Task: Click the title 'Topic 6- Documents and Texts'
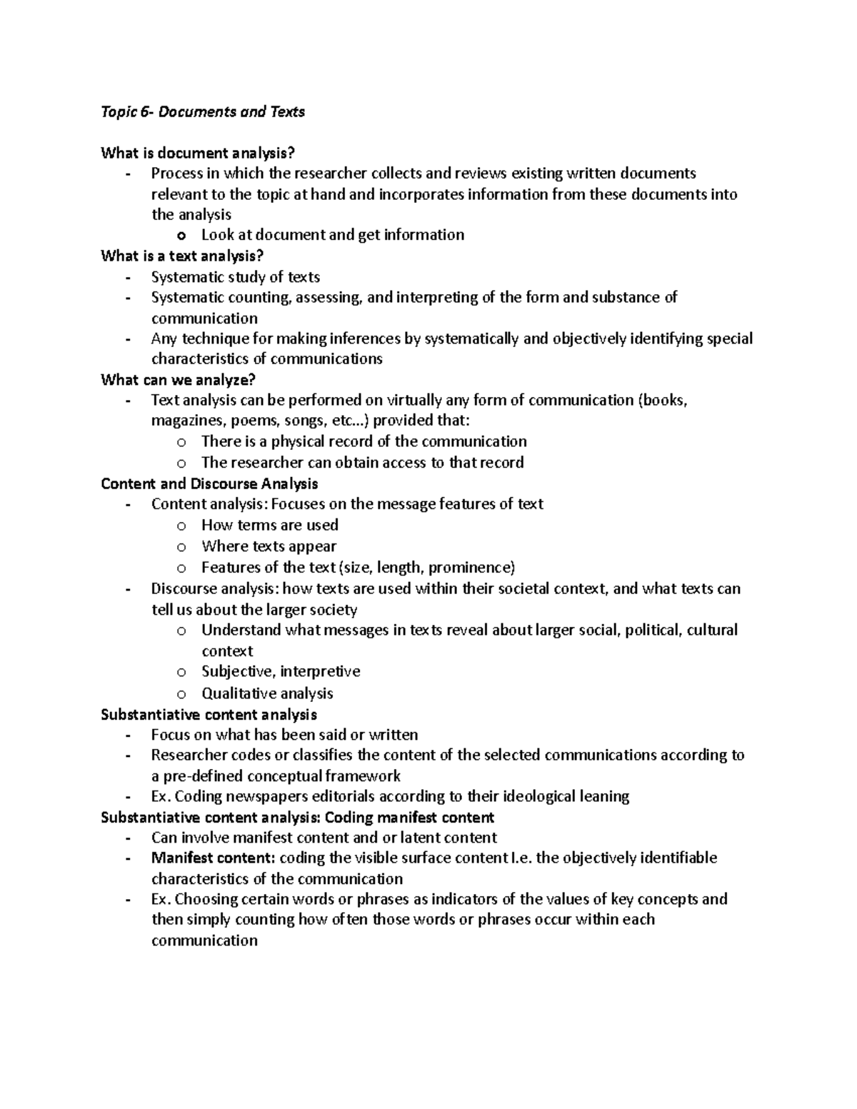pos(203,112)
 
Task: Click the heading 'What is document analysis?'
pos(197,153)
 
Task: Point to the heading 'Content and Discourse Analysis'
pos(209,483)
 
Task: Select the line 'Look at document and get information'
pos(332,235)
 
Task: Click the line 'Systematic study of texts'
pos(235,277)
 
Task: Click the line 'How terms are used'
pos(269,525)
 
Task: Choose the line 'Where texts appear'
pos(269,546)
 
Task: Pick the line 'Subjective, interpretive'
pos(281,671)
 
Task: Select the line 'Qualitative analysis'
pos(267,693)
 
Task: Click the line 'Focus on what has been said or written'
pos(284,735)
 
